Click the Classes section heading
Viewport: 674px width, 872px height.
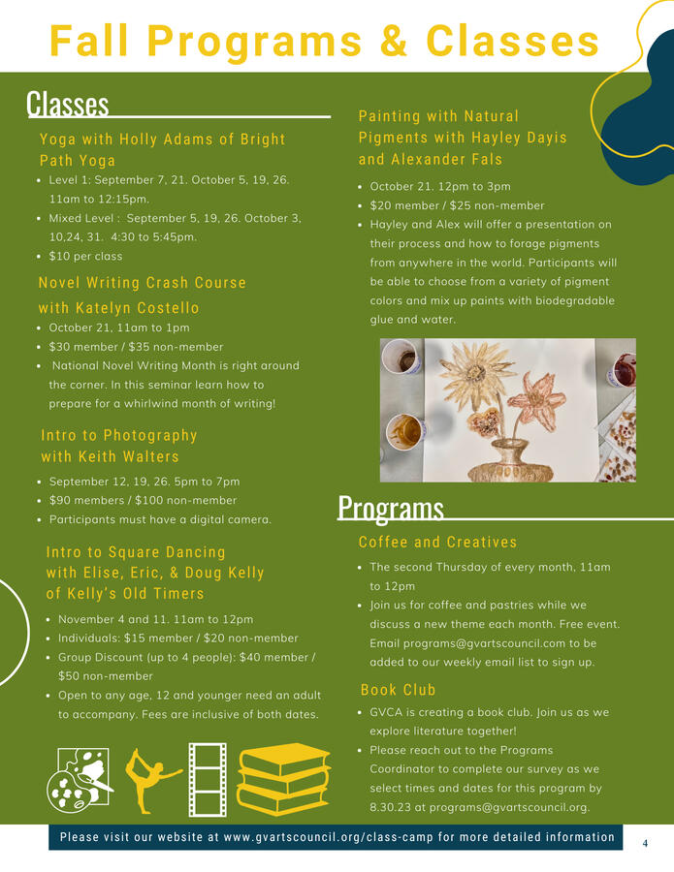point(68,104)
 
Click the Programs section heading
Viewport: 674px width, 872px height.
point(390,508)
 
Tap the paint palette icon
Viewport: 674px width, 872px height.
point(80,778)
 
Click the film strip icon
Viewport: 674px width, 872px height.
point(208,778)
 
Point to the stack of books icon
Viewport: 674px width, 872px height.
point(283,778)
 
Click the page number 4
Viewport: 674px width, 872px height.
point(645,844)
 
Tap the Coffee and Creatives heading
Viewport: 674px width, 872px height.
point(437,542)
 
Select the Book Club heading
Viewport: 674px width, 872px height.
point(398,690)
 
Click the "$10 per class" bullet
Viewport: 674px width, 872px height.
point(85,256)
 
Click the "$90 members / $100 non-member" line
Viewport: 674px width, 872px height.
point(143,500)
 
